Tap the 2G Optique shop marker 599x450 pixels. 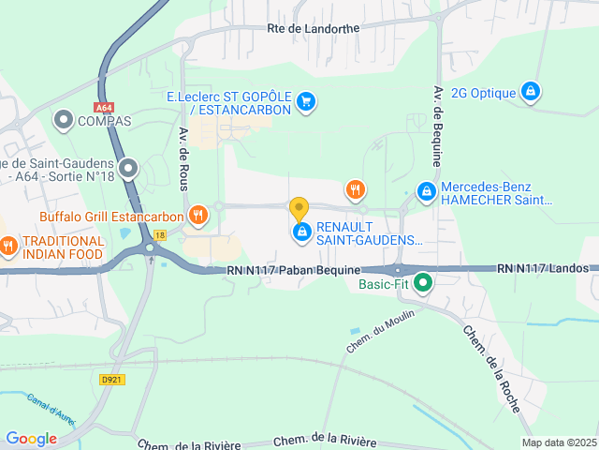pyautogui.click(x=531, y=92)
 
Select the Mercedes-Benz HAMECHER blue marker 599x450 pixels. pyautogui.click(x=427, y=191)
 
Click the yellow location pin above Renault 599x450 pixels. pyautogui.click(x=299, y=208)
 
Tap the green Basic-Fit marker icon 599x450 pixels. pyautogui.click(x=423, y=280)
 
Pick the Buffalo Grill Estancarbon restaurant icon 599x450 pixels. pyautogui.click(x=197, y=216)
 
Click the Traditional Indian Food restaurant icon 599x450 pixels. pyautogui.click(x=8, y=247)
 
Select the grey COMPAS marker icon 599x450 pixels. pyautogui.click(x=64, y=120)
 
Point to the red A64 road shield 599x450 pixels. pyautogui.click(x=103, y=108)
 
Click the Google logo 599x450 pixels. pyautogui.click(x=32, y=439)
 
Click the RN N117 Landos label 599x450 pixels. pyautogui.click(x=548, y=268)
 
